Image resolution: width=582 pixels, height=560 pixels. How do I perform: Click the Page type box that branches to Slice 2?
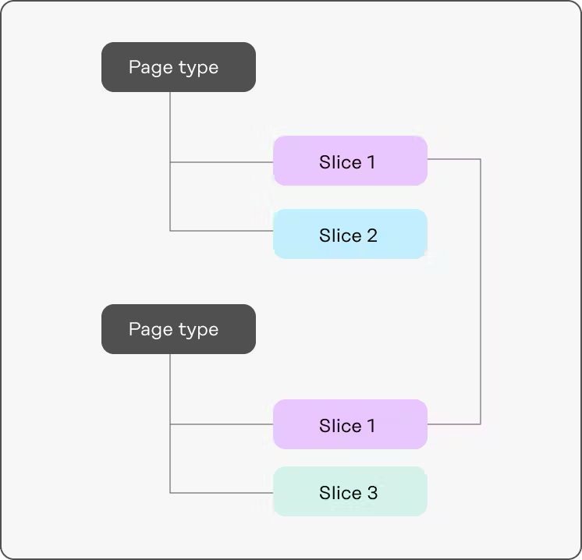pos(179,67)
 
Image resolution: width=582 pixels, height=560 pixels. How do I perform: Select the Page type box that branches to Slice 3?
pos(179,329)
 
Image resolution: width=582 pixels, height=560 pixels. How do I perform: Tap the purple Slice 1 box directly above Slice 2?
pos(350,161)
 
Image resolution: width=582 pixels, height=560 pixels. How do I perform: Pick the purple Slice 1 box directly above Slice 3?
pos(350,425)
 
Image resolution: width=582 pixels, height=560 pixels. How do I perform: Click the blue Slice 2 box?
pos(350,235)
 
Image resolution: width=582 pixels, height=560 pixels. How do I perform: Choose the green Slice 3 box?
pos(350,492)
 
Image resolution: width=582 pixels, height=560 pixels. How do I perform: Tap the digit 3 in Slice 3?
pos(372,493)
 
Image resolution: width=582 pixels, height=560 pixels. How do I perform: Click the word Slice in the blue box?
pos(340,236)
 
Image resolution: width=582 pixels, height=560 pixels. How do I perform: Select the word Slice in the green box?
pos(340,493)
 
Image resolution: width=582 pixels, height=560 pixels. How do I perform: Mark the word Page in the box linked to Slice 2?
pos(150,67)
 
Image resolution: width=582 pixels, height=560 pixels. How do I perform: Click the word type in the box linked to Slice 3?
pos(197,331)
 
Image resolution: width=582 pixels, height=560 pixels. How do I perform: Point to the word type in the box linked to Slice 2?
pos(197,69)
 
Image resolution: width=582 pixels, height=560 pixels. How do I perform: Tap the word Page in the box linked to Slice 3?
pos(150,329)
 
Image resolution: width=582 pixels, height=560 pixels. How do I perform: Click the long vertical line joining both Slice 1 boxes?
pos(481,292)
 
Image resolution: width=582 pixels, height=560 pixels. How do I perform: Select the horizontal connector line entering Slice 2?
pos(222,231)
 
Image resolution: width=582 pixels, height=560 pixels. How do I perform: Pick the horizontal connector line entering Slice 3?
pos(222,493)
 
